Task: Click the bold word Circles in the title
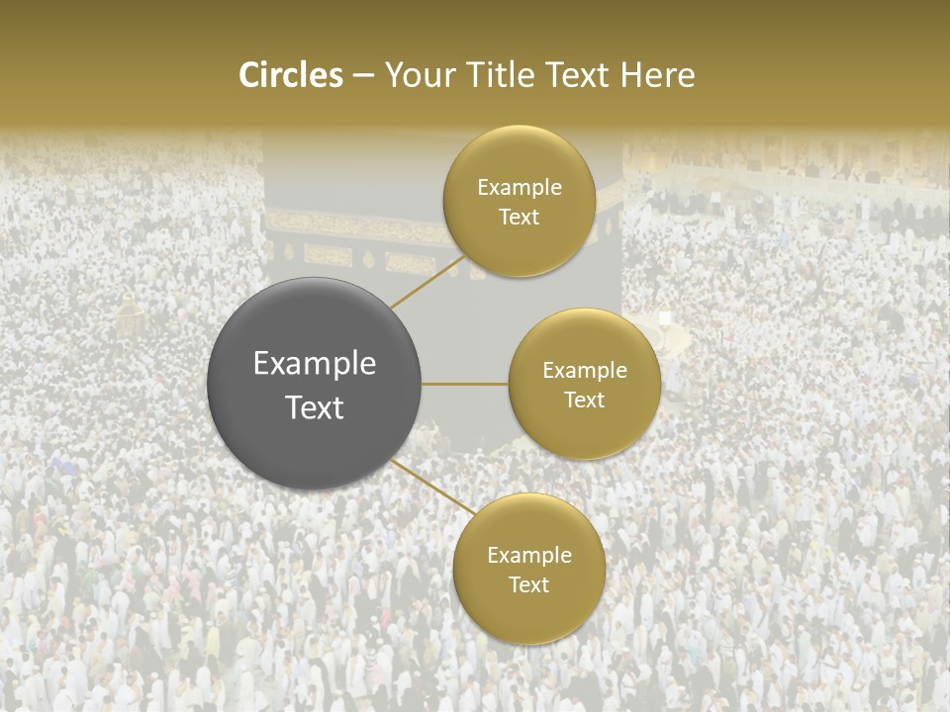pyautogui.click(x=291, y=75)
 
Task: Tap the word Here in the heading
pyautogui.click(x=659, y=75)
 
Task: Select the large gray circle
pyautogui.click(x=315, y=384)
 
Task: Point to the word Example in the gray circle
pyautogui.click(x=315, y=363)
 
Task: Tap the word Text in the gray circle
pyautogui.click(x=315, y=407)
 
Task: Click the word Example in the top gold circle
pyautogui.click(x=520, y=187)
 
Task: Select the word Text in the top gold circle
pyautogui.click(x=520, y=217)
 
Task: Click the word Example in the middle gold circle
pyautogui.click(x=585, y=370)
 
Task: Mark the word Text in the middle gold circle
pyautogui.click(x=585, y=400)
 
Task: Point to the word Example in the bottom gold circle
pyautogui.click(x=528, y=555)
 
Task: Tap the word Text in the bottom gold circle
pyautogui.click(x=528, y=584)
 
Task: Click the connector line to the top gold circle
pyautogui.click(x=427, y=282)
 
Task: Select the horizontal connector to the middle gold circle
pyautogui.click(x=465, y=384)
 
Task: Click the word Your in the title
pyautogui.click(x=414, y=75)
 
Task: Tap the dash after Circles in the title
pyautogui.click(x=363, y=76)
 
